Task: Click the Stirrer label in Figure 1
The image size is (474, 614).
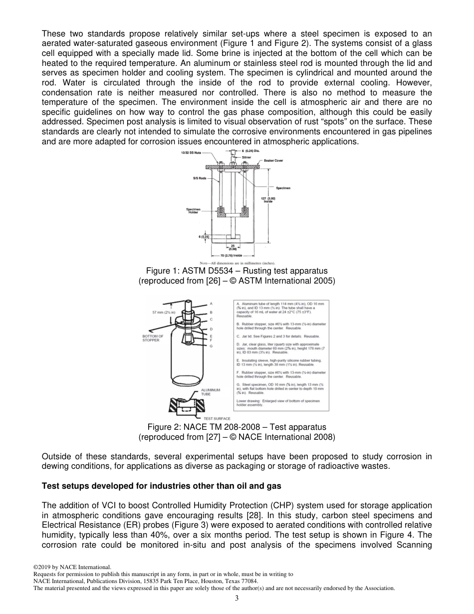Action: pos(247,156)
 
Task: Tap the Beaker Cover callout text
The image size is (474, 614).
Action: pos(273,160)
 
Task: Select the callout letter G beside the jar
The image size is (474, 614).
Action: pos(211,346)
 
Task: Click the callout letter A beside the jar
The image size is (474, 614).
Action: pos(211,303)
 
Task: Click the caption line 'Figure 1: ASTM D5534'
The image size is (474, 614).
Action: pos(237,271)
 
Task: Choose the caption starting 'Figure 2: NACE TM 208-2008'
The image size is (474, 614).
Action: pos(237,427)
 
